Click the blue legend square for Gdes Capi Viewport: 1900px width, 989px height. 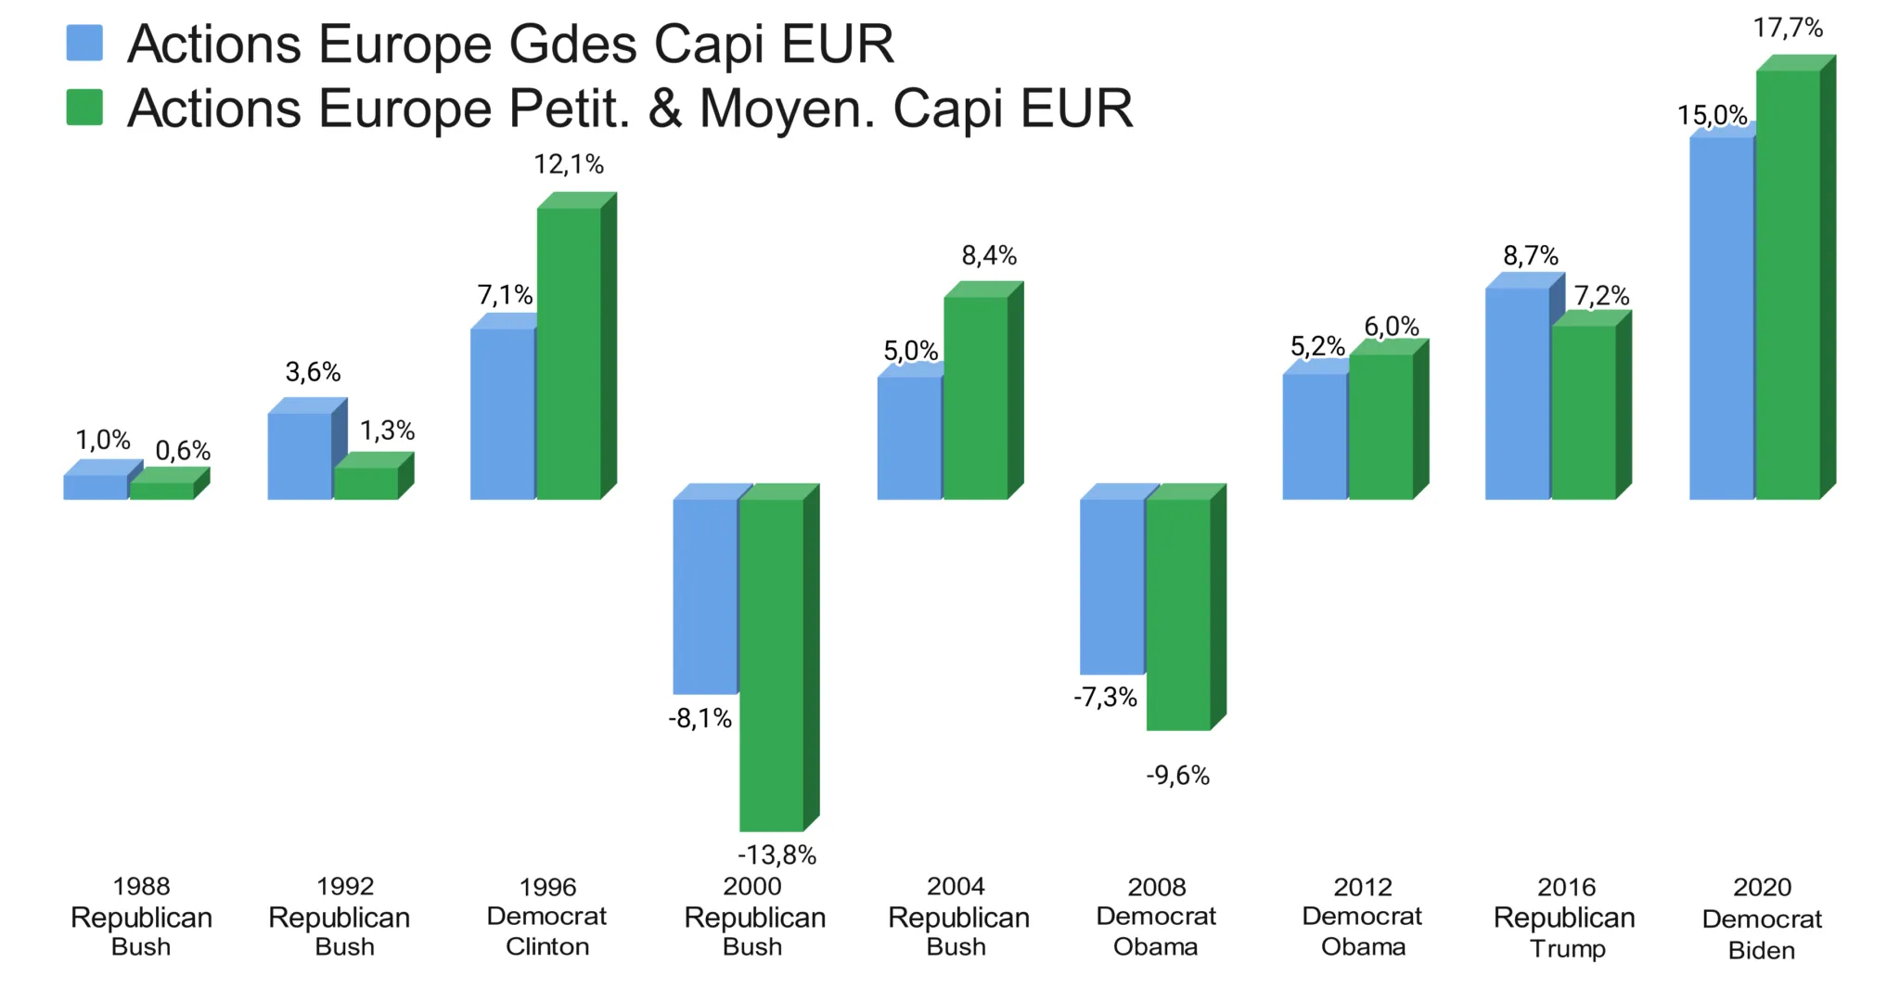click(x=84, y=43)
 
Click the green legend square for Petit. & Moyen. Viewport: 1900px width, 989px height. click(x=84, y=107)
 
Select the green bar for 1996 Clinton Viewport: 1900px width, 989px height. click(x=569, y=353)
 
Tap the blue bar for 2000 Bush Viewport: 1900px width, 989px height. click(x=705, y=596)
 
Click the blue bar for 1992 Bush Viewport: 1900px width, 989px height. click(x=300, y=456)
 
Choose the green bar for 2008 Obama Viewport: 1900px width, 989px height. click(x=1178, y=614)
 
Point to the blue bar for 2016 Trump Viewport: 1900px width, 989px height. click(x=1517, y=393)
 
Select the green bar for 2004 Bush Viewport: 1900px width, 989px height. click(x=975, y=397)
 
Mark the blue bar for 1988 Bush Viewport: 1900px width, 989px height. click(x=96, y=487)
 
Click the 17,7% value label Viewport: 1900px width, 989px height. click(x=1788, y=29)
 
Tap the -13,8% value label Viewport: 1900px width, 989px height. click(x=777, y=854)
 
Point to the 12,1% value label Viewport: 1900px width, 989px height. click(x=569, y=165)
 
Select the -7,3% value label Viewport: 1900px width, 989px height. click(x=1105, y=698)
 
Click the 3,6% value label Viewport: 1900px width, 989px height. click(x=313, y=373)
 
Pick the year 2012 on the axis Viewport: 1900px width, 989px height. click(x=1363, y=887)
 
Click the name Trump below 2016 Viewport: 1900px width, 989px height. click(x=1567, y=948)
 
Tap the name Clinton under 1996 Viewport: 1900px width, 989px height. click(x=547, y=946)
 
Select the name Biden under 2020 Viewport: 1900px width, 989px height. click(x=1762, y=950)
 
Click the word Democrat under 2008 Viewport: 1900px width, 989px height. click(x=1156, y=917)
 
